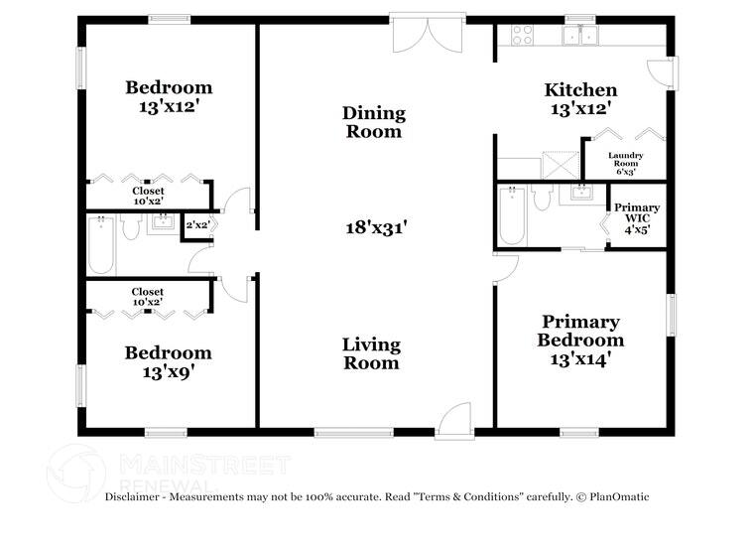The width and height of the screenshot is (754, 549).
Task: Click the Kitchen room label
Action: point(580,90)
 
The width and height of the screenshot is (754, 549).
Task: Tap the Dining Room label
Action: point(374,122)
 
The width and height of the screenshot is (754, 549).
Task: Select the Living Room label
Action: point(371,353)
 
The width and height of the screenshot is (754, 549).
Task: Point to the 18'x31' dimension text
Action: point(377,227)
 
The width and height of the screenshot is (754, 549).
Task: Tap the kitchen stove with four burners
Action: point(522,35)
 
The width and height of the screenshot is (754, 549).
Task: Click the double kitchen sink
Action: point(580,35)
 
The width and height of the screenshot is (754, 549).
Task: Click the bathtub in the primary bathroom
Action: point(511,216)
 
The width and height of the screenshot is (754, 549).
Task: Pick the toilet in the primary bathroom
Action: point(542,198)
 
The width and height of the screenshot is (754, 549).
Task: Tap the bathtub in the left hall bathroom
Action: point(101,245)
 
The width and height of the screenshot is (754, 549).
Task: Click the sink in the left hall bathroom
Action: point(163,222)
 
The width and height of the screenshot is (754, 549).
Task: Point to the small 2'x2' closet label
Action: point(197,224)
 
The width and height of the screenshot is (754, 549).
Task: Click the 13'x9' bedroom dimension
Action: point(168,372)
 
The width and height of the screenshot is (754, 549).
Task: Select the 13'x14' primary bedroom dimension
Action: point(580,359)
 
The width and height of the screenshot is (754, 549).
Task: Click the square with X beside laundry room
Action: point(561,165)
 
